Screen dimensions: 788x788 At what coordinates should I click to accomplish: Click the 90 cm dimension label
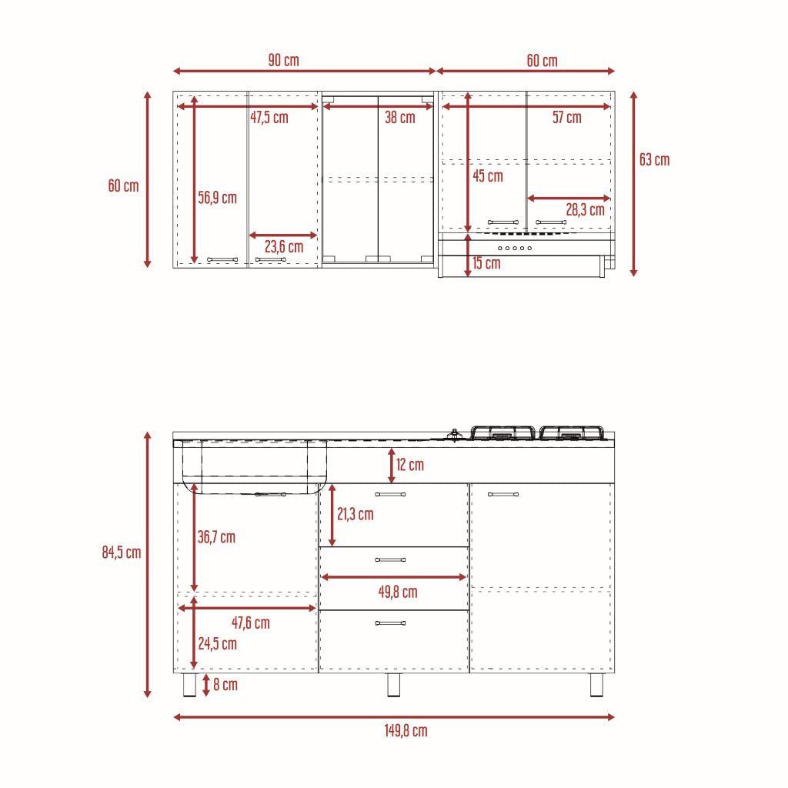pyautogui.click(x=283, y=60)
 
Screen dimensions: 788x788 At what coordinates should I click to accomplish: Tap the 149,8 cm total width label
pyautogui.click(x=406, y=730)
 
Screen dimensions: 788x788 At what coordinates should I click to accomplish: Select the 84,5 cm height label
pyautogui.click(x=122, y=553)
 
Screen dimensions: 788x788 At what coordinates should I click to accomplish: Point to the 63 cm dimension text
pyautogui.click(x=654, y=160)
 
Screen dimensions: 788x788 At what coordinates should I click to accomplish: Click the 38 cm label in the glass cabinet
pyautogui.click(x=400, y=117)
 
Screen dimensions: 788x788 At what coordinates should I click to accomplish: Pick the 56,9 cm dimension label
pyautogui.click(x=217, y=198)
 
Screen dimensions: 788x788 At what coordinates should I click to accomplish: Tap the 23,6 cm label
pyautogui.click(x=284, y=247)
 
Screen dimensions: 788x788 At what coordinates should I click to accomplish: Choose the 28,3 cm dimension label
pyautogui.click(x=585, y=209)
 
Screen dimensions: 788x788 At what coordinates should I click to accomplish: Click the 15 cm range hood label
pyautogui.click(x=486, y=263)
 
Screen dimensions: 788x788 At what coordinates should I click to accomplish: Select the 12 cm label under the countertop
pyautogui.click(x=410, y=464)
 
